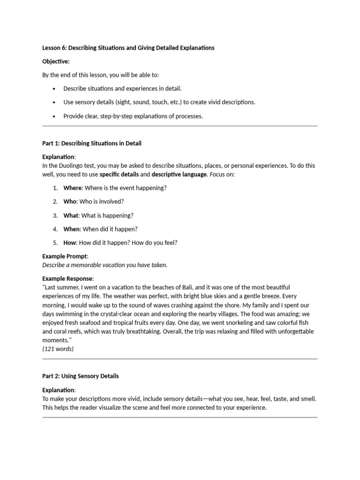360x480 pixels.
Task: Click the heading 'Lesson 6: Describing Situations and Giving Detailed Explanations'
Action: (128, 48)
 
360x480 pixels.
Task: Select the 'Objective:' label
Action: (56, 61)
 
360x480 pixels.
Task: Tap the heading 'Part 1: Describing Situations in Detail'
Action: (91, 143)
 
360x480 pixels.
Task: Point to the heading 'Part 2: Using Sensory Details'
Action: (80, 376)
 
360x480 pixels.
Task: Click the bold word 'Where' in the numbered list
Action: (73, 188)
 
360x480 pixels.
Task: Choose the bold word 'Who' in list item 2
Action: (70, 202)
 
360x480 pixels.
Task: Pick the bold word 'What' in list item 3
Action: (71, 216)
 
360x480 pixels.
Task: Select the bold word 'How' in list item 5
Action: (69, 243)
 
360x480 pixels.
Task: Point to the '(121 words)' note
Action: (58, 349)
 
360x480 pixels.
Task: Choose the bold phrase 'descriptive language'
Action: (180, 174)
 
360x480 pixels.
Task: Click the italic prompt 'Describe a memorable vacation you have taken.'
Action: (105, 265)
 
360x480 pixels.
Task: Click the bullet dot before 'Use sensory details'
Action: (54, 103)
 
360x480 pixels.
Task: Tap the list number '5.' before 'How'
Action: (55, 243)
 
